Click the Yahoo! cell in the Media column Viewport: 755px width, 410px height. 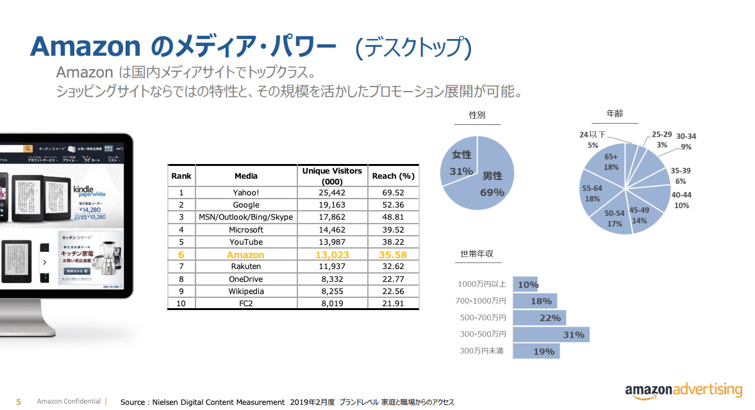pos(245,192)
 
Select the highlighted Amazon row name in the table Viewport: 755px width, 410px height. pos(245,254)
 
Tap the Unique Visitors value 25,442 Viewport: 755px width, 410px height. pos(332,192)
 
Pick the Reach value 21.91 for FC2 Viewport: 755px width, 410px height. pos(393,304)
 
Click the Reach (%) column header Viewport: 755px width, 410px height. pos(393,176)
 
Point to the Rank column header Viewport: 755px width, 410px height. pos(181,176)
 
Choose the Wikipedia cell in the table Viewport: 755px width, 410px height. pos(245,291)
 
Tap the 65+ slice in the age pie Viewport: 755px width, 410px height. pos(611,161)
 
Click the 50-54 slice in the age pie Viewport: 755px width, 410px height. pos(614,218)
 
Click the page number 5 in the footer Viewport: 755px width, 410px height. pos(19,402)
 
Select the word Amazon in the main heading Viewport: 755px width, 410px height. pos(85,46)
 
